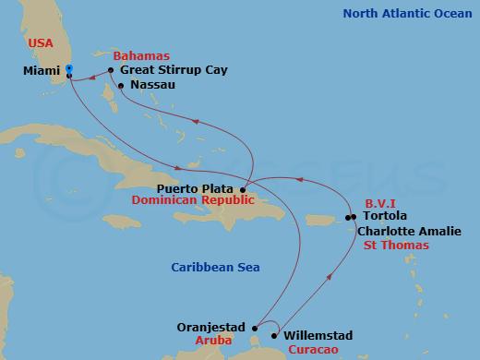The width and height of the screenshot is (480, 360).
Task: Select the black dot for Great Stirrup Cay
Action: pos(110,70)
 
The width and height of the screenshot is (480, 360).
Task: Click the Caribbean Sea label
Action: pos(215,268)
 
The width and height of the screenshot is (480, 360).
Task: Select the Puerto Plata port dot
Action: pos(243,189)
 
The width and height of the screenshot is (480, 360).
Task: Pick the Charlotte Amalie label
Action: pos(403,233)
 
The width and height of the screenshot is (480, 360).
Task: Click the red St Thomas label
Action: pos(394,246)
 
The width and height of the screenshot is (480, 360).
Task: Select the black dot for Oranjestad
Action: pos(255,327)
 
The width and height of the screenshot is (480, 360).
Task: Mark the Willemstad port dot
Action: pos(274,336)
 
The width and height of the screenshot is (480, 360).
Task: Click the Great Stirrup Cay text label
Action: pos(174,70)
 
